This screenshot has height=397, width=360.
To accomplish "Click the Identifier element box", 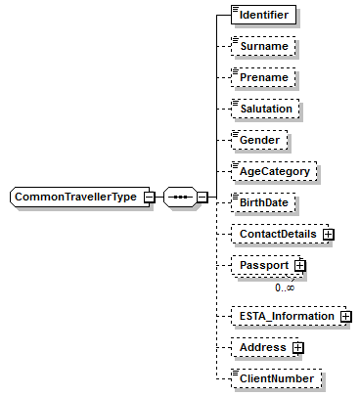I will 264,16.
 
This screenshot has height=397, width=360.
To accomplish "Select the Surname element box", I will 263,46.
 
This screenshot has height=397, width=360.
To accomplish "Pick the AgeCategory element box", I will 273,171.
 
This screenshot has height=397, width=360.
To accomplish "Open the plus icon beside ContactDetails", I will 330,235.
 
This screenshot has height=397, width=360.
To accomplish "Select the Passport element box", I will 263,265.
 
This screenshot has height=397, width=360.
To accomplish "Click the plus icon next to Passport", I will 301,265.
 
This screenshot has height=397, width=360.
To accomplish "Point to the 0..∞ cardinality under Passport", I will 285,287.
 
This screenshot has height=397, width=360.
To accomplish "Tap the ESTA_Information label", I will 284,316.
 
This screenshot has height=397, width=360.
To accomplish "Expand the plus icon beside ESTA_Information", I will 345,316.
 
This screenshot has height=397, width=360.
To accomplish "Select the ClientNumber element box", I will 275,378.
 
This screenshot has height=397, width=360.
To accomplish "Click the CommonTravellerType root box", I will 76,197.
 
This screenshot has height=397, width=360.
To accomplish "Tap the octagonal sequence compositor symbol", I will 179,197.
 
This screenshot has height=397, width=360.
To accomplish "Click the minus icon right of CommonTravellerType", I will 148,197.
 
